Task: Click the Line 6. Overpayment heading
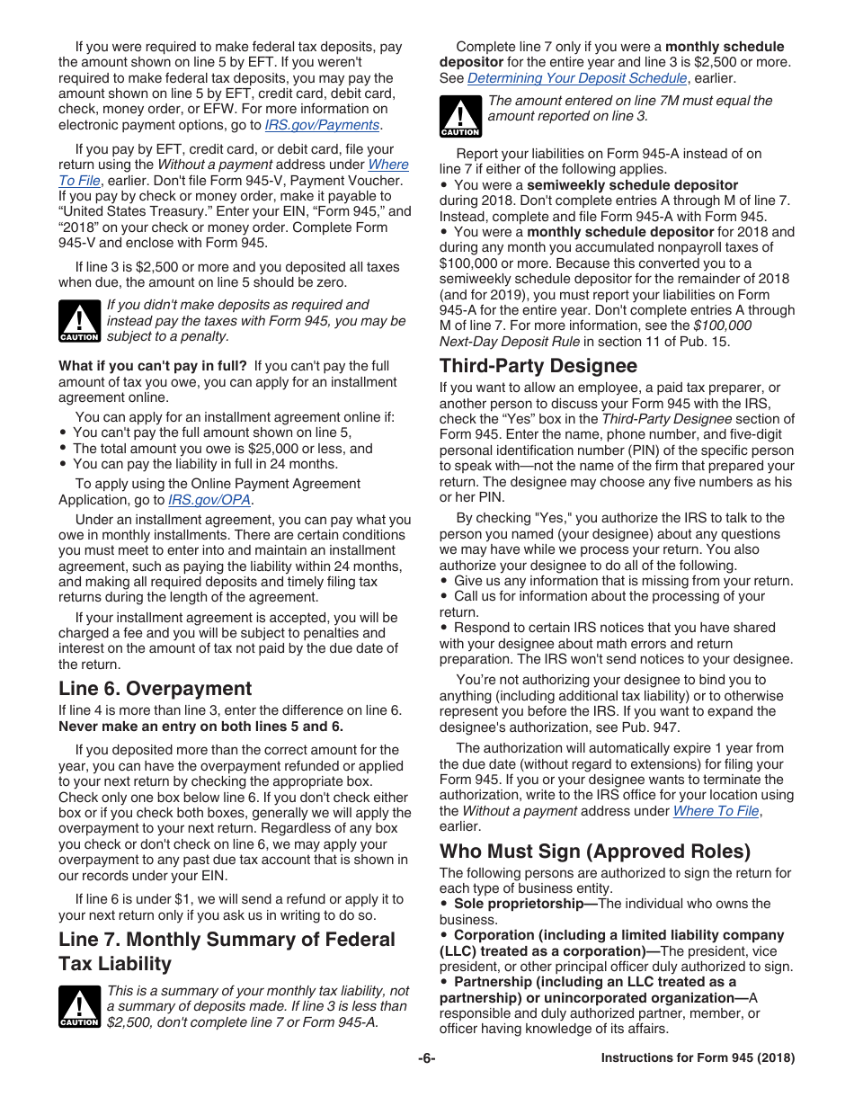click(x=156, y=689)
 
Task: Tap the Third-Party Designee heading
click(x=538, y=366)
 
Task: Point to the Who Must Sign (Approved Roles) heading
click(x=594, y=852)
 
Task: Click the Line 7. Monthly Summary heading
click(x=227, y=951)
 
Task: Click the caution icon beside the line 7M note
click(x=460, y=117)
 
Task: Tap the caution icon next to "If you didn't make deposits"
click(x=79, y=321)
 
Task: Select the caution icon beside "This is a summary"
click(x=79, y=1006)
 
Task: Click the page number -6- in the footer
click(x=427, y=1058)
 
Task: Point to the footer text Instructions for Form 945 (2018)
click(x=698, y=1058)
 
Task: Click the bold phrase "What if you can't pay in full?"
click(x=153, y=366)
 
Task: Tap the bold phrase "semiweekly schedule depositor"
click(x=632, y=185)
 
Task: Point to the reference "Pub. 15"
click(x=705, y=341)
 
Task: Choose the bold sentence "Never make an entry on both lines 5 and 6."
click(x=200, y=727)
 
